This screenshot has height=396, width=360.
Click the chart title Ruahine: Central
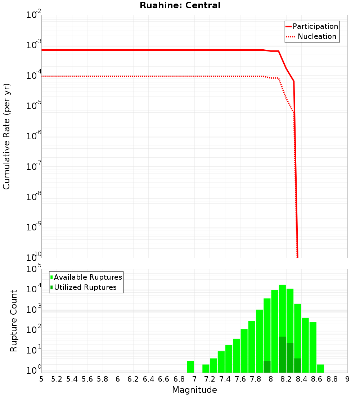[180, 5]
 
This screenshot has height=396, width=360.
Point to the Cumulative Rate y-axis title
[6, 136]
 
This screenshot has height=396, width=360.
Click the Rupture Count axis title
[14, 321]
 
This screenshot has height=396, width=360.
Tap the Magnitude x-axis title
[194, 390]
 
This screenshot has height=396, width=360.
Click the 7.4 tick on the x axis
[225, 379]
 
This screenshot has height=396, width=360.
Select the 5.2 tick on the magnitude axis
[57, 379]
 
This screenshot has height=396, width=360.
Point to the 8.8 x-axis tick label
[332, 379]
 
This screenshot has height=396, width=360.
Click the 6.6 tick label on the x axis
[164, 379]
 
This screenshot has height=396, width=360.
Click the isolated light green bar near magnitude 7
[191, 366]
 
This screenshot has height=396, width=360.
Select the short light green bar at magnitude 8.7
[320, 368]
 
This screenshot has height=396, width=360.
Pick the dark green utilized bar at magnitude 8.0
[267, 366]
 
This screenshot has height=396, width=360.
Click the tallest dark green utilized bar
[282, 355]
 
